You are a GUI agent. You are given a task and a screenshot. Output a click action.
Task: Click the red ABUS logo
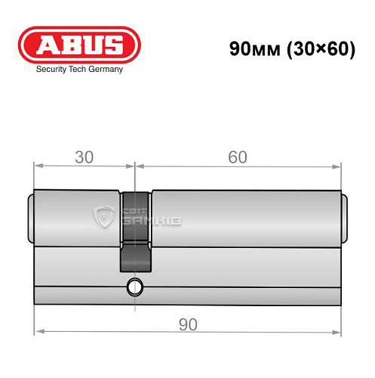[79, 46]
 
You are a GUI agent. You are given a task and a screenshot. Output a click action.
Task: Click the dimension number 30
[84, 156]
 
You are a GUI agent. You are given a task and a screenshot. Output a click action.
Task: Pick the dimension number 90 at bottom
[188, 324]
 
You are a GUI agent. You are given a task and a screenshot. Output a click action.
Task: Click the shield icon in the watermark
[103, 216]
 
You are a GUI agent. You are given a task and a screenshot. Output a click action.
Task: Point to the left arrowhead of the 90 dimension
[39, 331]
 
